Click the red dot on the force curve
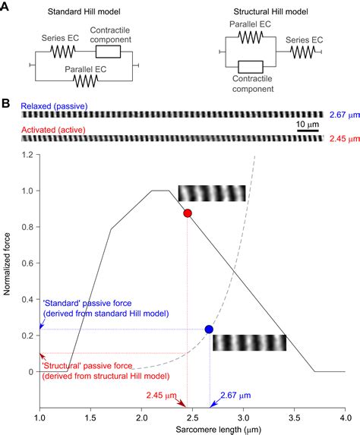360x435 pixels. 187,213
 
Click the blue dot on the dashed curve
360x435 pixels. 209,329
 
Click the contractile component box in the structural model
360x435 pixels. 251,68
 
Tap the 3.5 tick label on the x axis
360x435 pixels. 293,418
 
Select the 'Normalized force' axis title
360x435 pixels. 8,263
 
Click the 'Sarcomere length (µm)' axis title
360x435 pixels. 191,430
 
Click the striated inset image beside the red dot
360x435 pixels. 212,193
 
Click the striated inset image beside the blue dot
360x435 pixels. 249,342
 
